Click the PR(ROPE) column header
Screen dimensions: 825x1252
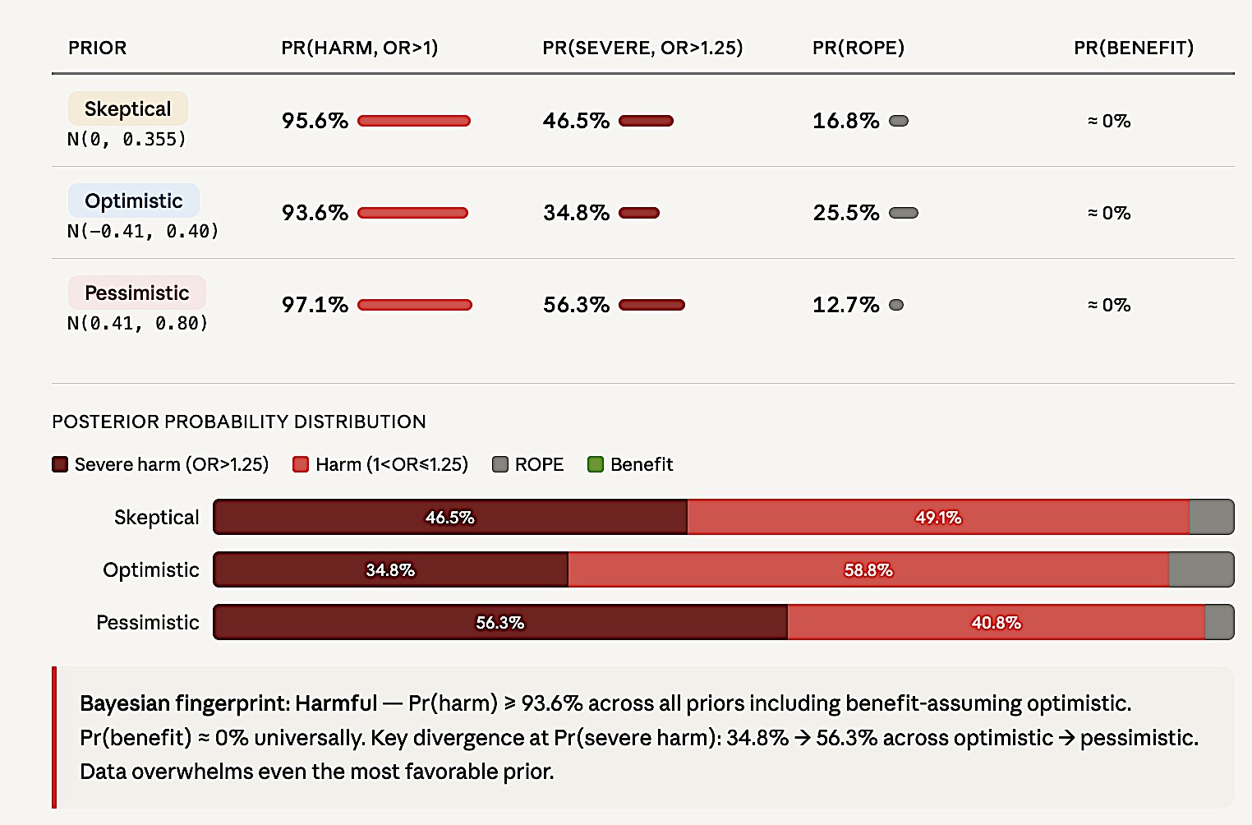pos(858,48)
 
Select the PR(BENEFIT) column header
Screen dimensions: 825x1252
pos(1133,48)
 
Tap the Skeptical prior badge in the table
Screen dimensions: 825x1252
pos(127,108)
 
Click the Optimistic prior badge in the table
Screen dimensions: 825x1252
pos(133,200)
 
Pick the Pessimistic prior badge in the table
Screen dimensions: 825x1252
pos(136,293)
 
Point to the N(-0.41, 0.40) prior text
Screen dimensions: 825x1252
pos(143,232)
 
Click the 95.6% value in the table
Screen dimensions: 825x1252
pos(315,121)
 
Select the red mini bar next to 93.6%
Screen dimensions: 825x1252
pos(412,213)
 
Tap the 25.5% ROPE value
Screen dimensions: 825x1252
pos(845,213)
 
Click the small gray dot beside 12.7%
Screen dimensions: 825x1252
pos(896,305)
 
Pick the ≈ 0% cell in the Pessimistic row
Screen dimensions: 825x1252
pos(1109,305)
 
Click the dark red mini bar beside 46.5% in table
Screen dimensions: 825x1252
pos(646,121)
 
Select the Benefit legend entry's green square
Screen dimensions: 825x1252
pos(596,464)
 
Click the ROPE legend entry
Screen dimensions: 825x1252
pos(528,464)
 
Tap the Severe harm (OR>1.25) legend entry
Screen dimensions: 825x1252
pos(161,464)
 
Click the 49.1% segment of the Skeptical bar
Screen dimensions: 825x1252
pos(937,517)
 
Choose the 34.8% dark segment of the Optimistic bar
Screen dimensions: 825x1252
pos(390,569)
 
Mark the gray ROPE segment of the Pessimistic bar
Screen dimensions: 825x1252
pos(1219,622)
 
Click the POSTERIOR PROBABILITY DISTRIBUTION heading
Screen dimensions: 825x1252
pos(238,422)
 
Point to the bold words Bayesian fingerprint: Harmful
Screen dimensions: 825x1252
pos(228,703)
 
